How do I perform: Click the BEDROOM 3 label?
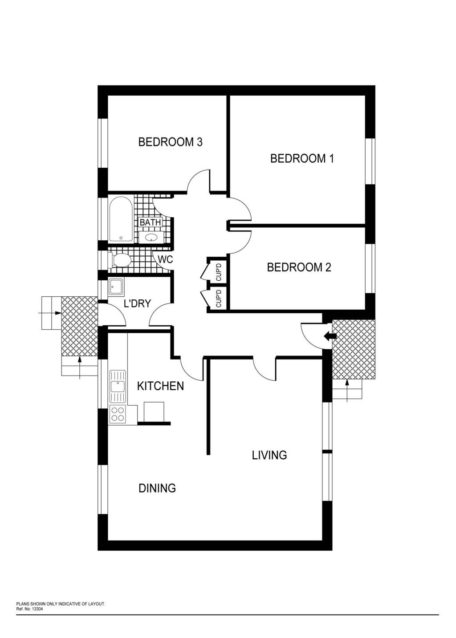click(170, 142)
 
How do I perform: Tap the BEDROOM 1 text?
click(302, 158)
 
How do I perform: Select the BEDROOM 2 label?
click(299, 267)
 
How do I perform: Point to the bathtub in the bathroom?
click(121, 220)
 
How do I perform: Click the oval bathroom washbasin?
click(151, 237)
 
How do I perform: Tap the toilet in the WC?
click(120, 260)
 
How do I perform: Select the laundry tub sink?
click(116, 287)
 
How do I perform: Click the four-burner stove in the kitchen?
click(118, 414)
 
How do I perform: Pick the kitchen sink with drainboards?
click(118, 386)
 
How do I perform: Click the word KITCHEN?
click(160, 386)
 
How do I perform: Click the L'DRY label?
click(137, 303)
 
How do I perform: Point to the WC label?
click(165, 259)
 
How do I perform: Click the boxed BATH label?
click(150, 222)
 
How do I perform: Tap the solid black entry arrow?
click(330, 336)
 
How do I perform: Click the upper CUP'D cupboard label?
click(219, 272)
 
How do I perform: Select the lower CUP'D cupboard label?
click(219, 299)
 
